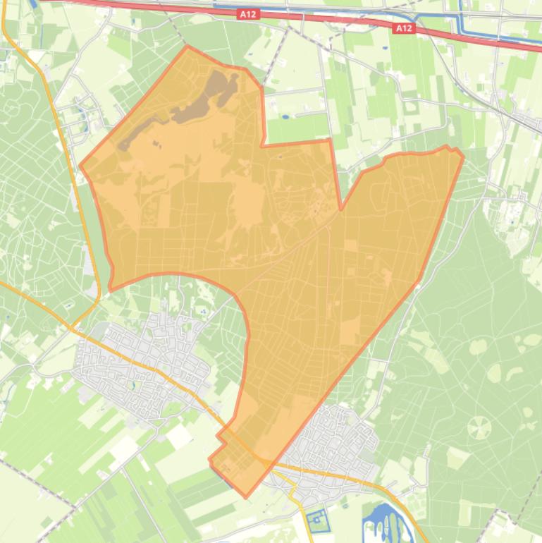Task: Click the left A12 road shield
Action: click(247, 13)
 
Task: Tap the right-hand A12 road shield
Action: click(403, 28)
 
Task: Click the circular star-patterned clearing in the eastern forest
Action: click(479, 427)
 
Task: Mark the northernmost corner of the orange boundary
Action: click(187, 47)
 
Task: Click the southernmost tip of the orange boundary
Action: click(246, 497)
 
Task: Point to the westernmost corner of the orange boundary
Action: click(80, 167)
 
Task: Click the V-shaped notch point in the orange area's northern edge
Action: click(341, 209)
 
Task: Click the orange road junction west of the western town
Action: click(70, 329)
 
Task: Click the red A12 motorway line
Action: click(317, 19)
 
